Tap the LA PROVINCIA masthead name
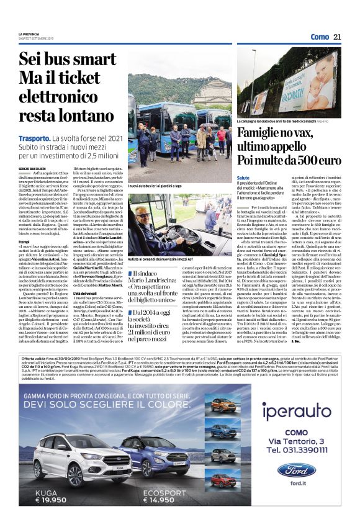[x=29, y=34]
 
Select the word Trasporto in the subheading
[x=34, y=138]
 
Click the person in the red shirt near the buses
[x=221, y=134]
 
